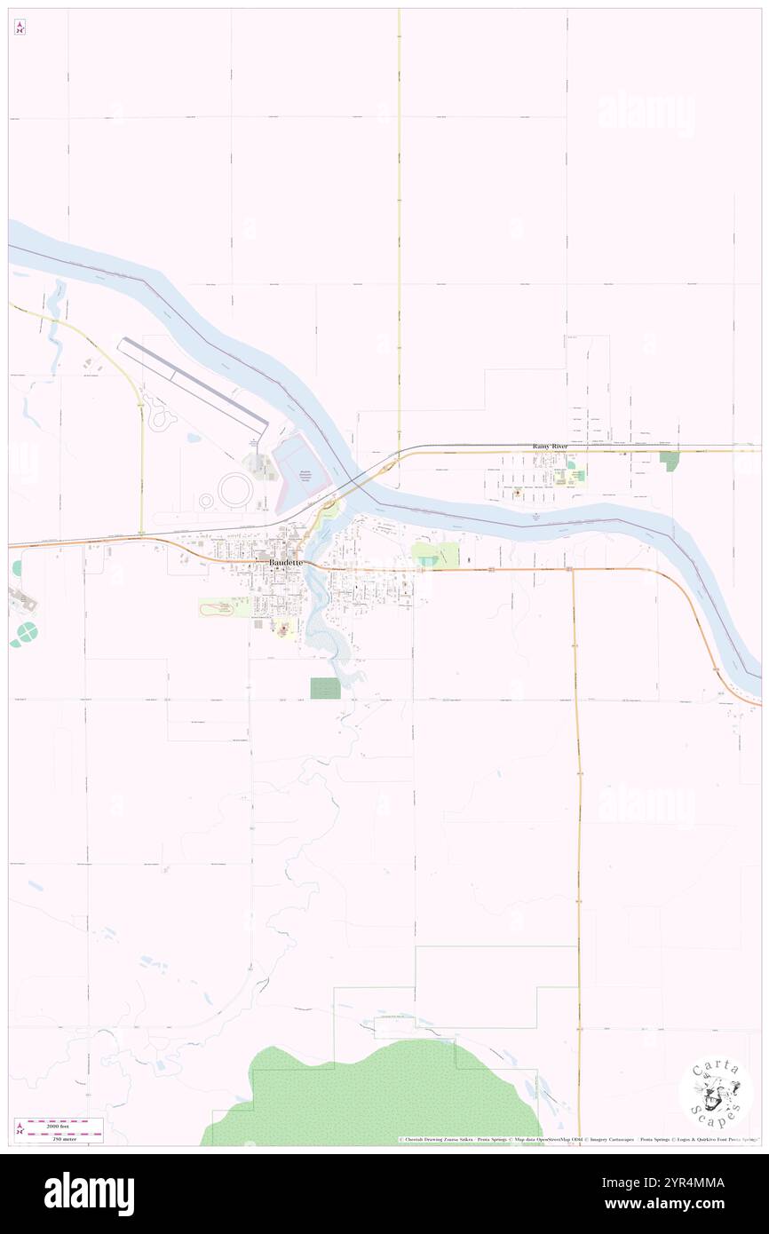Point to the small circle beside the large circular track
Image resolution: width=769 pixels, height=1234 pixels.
(x=207, y=501)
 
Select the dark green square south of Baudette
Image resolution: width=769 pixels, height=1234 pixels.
(x=325, y=688)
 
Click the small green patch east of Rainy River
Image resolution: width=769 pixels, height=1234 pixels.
(x=670, y=461)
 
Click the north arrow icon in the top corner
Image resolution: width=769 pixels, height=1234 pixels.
(x=20, y=28)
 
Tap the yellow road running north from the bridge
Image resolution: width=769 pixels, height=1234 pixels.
(x=399, y=266)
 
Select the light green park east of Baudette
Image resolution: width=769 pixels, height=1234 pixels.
(x=435, y=556)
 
